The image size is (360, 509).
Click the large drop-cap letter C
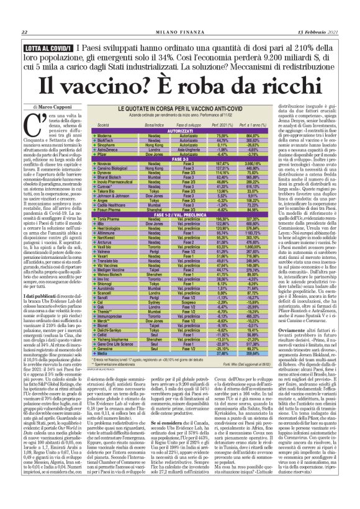tap(38, 125)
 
